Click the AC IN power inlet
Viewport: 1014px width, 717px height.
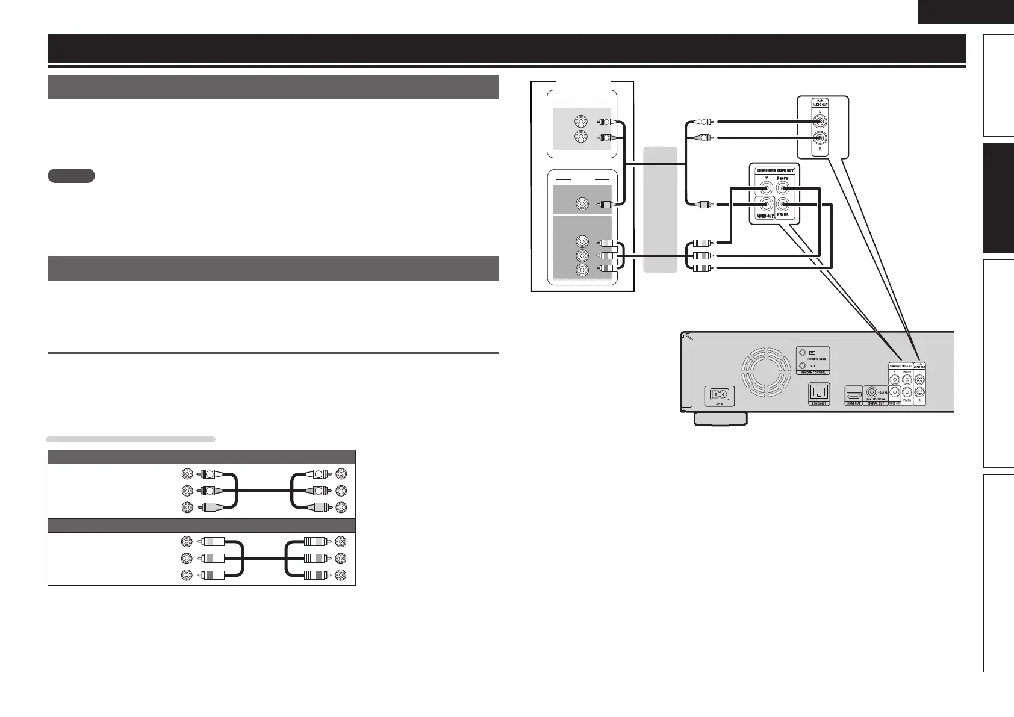pyautogui.click(x=720, y=395)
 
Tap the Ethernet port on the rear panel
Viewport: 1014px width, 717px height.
pyautogui.click(x=818, y=392)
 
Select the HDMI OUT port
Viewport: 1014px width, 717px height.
pyautogui.click(x=853, y=394)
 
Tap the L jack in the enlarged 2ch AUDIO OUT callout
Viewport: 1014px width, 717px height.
pyautogui.click(x=820, y=120)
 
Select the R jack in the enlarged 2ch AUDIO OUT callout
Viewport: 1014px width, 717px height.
pyautogui.click(x=820, y=138)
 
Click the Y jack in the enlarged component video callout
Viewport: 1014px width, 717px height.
pyautogui.click(x=766, y=188)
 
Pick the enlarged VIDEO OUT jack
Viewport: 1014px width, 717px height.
pyautogui.click(x=766, y=205)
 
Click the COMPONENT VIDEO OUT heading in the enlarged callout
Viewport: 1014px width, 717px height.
pyautogui.click(x=774, y=170)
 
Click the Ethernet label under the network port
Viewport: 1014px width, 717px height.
pyautogui.click(x=818, y=403)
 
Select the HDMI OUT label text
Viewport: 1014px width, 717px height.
pyautogui.click(x=853, y=403)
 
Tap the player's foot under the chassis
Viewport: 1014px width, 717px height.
pyautogui.click(x=720, y=419)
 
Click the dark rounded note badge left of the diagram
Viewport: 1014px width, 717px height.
pyautogui.click(x=70, y=176)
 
